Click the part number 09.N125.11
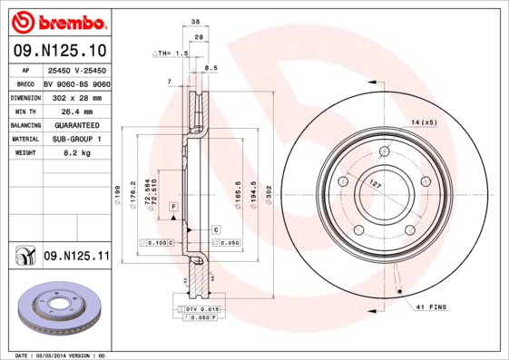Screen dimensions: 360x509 75,258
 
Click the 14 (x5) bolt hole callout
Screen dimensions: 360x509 424,122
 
